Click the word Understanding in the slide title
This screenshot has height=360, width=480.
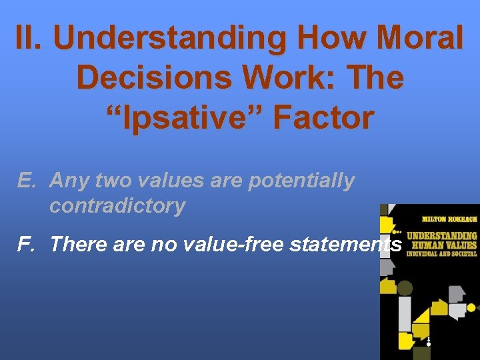click(169, 39)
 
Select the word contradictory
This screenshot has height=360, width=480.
click(117, 206)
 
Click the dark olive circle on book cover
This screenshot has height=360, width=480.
click(405, 289)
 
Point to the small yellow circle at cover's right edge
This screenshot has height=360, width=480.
click(471, 307)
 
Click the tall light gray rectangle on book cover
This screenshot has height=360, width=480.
click(404, 313)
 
